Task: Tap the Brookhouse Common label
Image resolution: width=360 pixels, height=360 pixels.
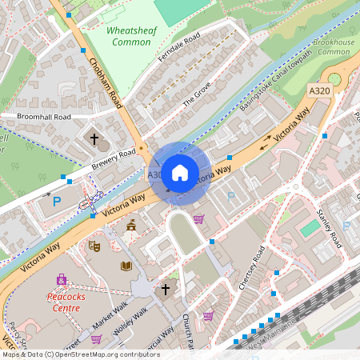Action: (334, 46)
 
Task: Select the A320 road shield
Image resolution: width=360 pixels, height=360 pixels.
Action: (320, 92)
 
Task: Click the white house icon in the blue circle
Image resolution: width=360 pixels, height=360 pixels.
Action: (180, 172)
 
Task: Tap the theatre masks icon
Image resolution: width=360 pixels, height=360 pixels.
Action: (93, 246)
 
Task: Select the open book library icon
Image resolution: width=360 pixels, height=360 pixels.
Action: (126, 266)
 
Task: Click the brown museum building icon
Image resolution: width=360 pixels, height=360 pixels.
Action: (130, 226)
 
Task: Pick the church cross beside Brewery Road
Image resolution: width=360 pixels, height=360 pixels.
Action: (94, 139)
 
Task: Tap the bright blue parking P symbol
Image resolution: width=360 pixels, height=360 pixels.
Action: (57, 202)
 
